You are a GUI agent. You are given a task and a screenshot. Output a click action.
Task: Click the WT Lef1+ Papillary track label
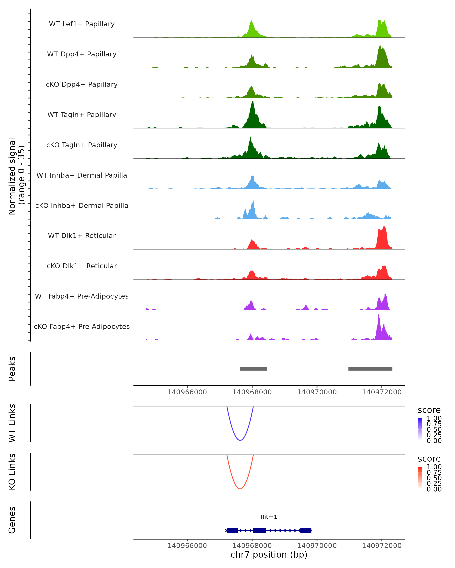tap(82, 24)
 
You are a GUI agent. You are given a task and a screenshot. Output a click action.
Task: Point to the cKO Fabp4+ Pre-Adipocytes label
tap(82, 326)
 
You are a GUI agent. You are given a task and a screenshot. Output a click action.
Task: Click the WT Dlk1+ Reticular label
tap(82, 236)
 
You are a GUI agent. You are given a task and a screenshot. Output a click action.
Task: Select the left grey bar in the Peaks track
tap(253, 369)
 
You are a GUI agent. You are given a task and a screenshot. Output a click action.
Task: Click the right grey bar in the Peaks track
tap(370, 369)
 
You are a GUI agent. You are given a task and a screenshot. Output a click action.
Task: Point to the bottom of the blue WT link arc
tap(240, 440)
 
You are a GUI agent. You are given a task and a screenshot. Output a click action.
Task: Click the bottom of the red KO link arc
tap(240, 489)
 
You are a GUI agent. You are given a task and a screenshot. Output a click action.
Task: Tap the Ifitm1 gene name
tap(269, 517)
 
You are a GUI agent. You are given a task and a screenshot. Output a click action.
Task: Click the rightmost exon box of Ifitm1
tap(306, 530)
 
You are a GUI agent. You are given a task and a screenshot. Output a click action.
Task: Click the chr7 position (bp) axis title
tap(269, 555)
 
